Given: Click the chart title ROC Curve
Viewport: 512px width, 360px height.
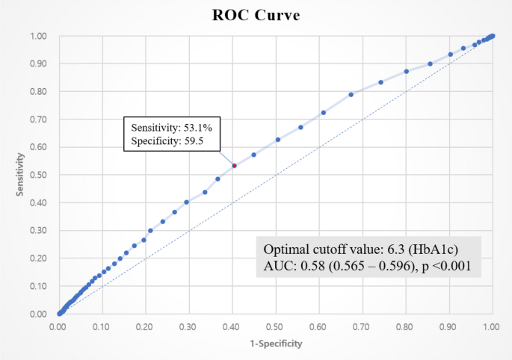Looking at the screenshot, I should [255, 16].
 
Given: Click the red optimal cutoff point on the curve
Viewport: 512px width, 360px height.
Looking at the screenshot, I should [234, 165].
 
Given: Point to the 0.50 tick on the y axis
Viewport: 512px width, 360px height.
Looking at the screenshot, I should [38, 175].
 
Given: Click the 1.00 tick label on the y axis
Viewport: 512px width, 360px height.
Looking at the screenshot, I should [38, 36].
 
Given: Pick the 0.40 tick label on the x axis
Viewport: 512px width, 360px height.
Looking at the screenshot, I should [232, 326].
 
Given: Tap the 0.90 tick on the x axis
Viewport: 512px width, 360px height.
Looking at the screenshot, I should [448, 326].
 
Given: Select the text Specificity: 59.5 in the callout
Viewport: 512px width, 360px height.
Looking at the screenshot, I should [167, 140].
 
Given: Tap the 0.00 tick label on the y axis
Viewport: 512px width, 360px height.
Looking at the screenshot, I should [38, 314].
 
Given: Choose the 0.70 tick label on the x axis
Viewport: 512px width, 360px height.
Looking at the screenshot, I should [362, 326].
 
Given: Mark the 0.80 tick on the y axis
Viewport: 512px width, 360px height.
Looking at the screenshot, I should [38, 92].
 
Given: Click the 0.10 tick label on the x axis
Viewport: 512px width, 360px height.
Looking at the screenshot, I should [102, 326].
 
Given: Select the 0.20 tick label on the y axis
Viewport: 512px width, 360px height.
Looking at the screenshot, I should [38, 258].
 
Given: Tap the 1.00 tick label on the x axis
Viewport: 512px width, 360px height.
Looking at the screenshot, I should [491, 326].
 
